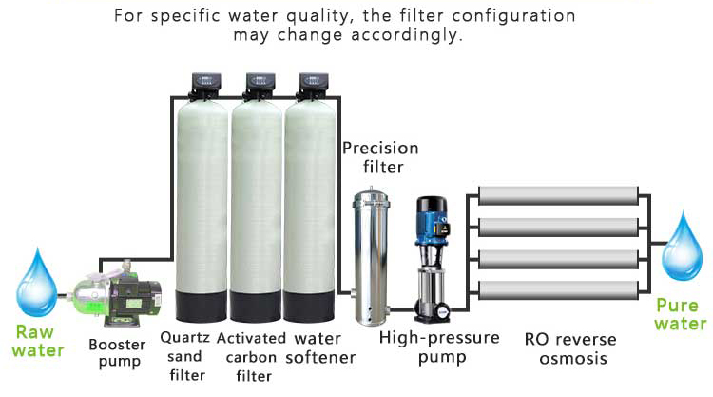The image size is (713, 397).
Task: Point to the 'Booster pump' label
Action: (117, 352)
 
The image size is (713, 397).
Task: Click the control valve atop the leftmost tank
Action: (205, 85)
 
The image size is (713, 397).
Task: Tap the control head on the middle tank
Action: (258, 85)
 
